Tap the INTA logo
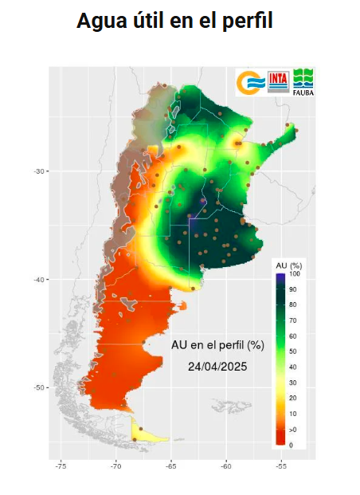(279, 81)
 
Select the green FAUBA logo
(303, 81)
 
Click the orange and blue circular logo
(251, 82)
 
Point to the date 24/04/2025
(217, 367)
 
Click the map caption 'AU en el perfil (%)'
(217, 345)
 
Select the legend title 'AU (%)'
(286, 264)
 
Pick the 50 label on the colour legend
(294, 352)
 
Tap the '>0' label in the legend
(294, 429)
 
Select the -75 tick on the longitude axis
(61, 466)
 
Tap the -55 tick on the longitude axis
(281, 466)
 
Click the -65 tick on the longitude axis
(170, 466)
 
